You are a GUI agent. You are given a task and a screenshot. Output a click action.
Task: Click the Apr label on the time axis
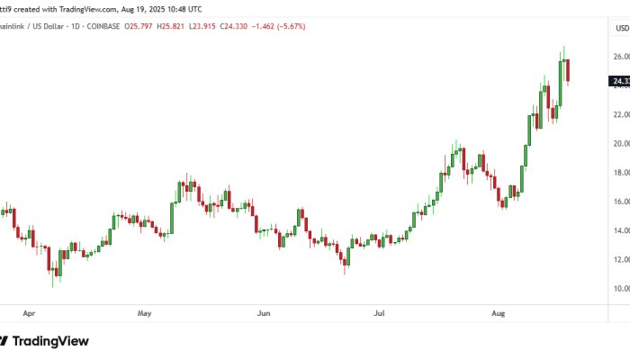coord(29,314)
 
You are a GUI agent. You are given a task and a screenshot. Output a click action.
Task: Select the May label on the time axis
coord(145,314)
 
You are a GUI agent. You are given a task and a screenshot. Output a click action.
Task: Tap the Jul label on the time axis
coord(380,314)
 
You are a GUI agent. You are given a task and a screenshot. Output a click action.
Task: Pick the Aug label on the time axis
coord(498,314)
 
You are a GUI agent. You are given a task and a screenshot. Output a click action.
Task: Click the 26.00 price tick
coord(620,57)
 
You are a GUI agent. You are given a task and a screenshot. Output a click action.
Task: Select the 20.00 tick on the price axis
coord(620,143)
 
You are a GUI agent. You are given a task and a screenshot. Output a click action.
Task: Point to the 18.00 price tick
coord(620,173)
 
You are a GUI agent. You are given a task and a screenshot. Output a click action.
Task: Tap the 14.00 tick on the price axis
coord(620,230)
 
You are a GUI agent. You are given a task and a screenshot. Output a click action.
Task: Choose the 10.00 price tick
coord(620,289)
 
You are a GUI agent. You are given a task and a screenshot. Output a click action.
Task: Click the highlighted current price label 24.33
coord(620,82)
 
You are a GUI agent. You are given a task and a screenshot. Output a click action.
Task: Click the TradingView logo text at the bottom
coord(49,341)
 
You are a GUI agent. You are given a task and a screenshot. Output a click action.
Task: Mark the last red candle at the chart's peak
coord(568,71)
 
